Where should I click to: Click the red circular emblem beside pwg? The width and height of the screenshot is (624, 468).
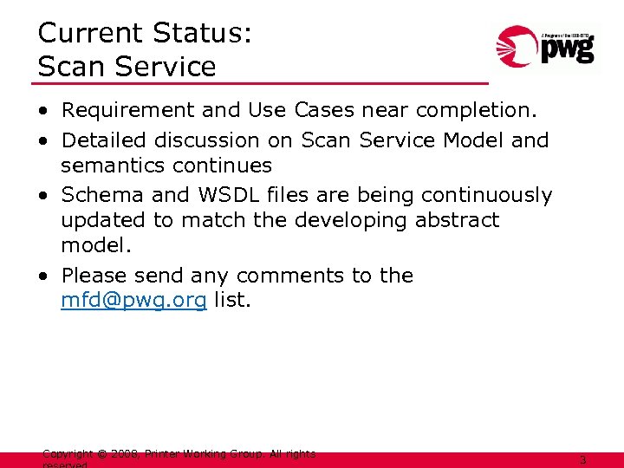click(517, 49)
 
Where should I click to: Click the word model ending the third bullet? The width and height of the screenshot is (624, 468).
click(95, 245)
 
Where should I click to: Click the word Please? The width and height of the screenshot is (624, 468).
click(94, 276)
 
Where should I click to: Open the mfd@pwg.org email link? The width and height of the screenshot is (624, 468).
click(133, 301)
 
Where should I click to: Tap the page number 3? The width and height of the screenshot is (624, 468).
click(582, 461)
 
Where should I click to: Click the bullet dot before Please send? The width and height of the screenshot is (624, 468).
click(42, 276)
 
